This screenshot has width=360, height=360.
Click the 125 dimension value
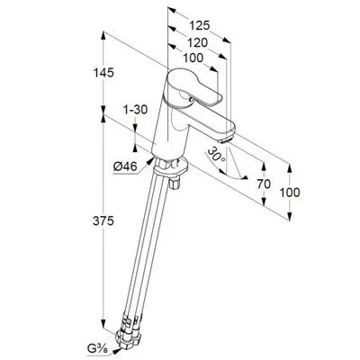pyautogui.click(x=200, y=26)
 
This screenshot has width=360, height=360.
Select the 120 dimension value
pyautogui.click(x=197, y=43)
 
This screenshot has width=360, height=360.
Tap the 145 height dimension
pyautogui.click(x=103, y=73)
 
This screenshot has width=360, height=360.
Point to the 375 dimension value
pyautogui.click(x=103, y=221)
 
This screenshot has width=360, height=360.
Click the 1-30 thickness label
pyautogui.click(x=136, y=110)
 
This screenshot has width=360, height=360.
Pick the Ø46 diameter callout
pyautogui.click(x=125, y=166)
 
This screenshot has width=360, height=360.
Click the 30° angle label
pyautogui.click(x=217, y=154)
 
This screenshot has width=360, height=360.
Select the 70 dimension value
pyautogui.click(x=264, y=184)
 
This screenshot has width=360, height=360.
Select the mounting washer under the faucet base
pyautogui.click(x=170, y=168)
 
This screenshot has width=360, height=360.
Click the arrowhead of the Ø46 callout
pyautogui.click(x=149, y=161)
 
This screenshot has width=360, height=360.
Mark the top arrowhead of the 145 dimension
pyautogui.click(x=103, y=36)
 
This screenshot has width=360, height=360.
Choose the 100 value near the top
pyautogui.click(x=193, y=58)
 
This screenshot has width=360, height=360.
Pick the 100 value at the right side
pyautogui.click(x=290, y=193)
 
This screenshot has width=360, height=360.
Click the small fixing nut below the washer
pyautogui.click(x=174, y=184)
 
